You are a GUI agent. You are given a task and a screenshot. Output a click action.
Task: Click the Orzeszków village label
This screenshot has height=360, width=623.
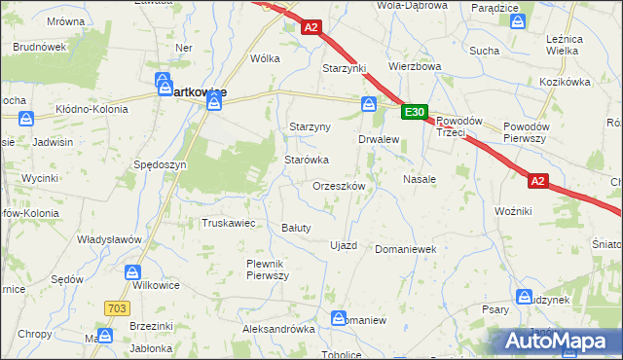[339, 186]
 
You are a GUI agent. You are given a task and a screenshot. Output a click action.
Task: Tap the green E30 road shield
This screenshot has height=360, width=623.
[414, 113]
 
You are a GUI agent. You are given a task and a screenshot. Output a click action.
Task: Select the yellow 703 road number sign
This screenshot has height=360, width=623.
[116, 307]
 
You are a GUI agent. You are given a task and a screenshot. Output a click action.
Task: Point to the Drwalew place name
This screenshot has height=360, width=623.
[380, 140]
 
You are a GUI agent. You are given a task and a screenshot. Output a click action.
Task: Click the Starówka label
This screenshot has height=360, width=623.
[306, 160]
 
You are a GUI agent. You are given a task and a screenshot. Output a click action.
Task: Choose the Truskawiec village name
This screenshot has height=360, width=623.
[228, 223]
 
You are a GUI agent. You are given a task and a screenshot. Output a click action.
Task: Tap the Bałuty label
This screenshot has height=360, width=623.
[295, 228]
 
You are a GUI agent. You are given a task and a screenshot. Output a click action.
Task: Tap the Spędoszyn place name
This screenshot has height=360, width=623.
[161, 165]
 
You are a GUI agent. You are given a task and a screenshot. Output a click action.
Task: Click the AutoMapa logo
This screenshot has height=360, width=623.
[554, 342]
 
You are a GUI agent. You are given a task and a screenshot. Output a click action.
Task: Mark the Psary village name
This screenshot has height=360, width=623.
[495, 310]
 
